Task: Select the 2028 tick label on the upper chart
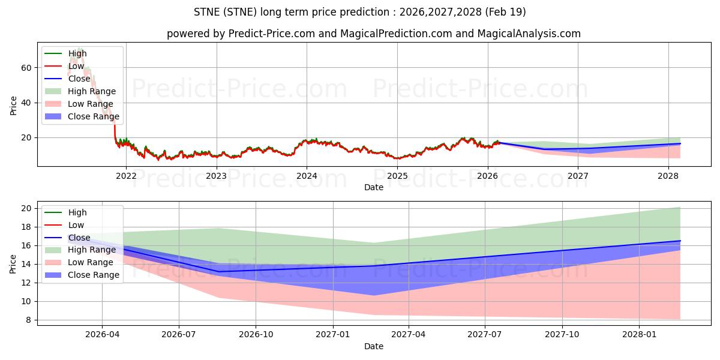pyautogui.click(x=668, y=176)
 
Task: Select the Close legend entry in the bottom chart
pyautogui.click(x=79, y=238)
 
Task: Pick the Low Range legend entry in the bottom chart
pyautogui.click(x=91, y=262)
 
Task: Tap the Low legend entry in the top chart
pyautogui.click(x=77, y=66)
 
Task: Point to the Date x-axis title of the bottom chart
pyautogui.click(x=373, y=346)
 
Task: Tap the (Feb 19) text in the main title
pyautogui.click(x=507, y=12)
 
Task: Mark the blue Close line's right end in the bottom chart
pyautogui.click(x=680, y=241)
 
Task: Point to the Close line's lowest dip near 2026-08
pyautogui.click(x=218, y=272)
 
